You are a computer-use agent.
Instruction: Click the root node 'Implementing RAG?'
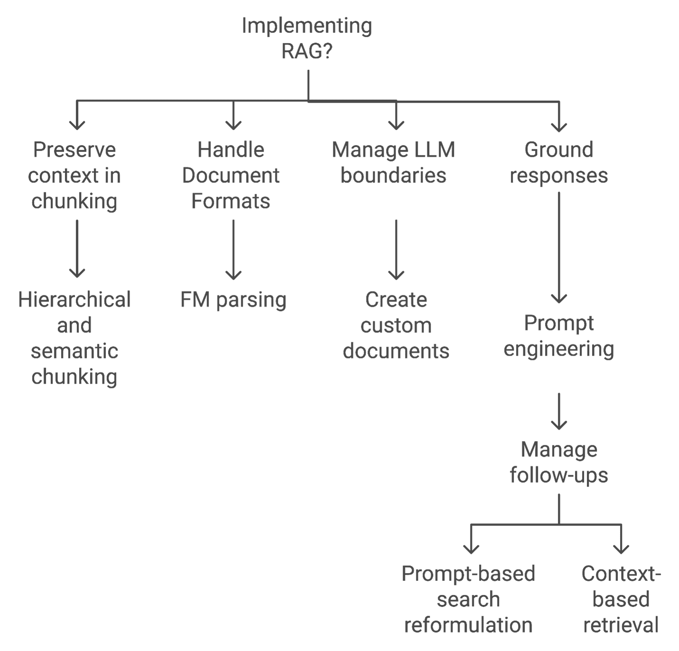tap(307, 38)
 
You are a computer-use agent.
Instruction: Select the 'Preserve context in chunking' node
tap(75, 175)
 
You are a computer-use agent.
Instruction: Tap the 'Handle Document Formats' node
tap(231, 175)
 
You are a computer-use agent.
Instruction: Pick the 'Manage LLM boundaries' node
tap(394, 162)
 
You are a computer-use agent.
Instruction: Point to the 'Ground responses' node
tap(559, 162)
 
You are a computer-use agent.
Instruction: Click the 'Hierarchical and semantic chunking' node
tap(75, 338)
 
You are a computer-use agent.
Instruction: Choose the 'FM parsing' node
tap(233, 300)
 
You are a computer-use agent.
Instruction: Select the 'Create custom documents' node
tap(396, 325)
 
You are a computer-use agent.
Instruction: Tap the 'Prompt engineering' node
tap(559, 336)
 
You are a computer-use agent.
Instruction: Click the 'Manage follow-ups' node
tap(559, 462)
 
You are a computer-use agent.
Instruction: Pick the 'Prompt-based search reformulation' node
tap(468, 599)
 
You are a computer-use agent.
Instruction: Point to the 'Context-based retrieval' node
tap(621, 599)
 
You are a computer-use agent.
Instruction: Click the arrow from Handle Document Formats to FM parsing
tap(233, 249)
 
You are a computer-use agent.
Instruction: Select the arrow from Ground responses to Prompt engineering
tap(559, 247)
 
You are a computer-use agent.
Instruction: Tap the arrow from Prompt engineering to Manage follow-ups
tap(559, 411)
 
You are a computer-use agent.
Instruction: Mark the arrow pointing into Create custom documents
tap(396, 249)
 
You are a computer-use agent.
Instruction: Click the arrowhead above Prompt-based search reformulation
tap(471, 549)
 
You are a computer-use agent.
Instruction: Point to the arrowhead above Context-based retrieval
tap(621, 549)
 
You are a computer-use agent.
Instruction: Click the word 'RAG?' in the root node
tap(307, 51)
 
